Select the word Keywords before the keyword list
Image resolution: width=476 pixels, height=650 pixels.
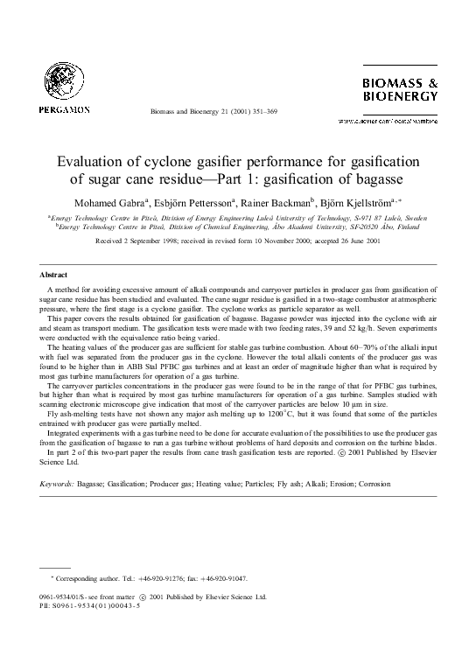tap(58, 483)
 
